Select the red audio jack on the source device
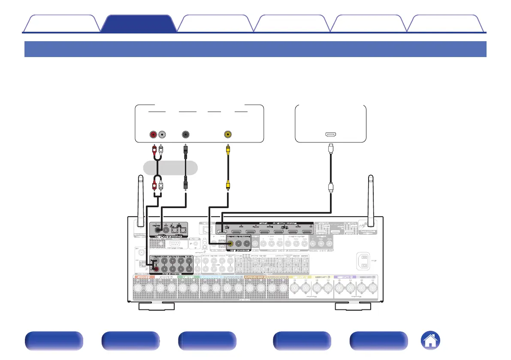[153, 134]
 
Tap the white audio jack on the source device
[161, 134]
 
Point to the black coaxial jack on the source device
[186, 134]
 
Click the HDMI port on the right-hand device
[331, 134]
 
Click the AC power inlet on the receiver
[363, 261]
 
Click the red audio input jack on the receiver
[156, 269]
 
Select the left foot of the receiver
[156, 306]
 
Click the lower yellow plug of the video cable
[228, 185]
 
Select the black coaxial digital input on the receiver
[160, 230]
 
